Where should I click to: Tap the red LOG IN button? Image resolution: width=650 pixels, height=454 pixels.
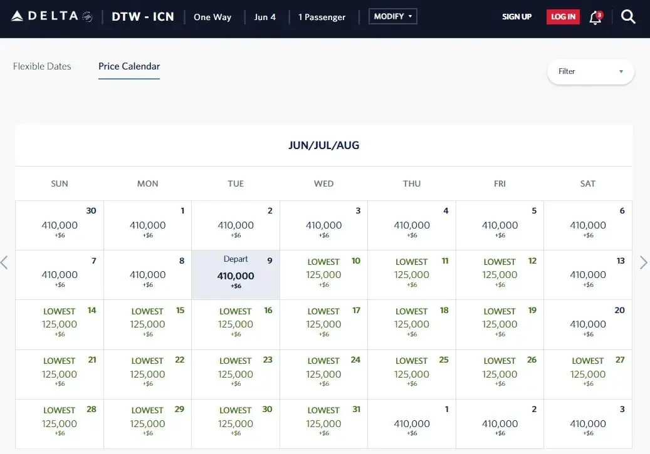pos(563,17)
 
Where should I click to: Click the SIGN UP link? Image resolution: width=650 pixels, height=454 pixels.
pos(516,17)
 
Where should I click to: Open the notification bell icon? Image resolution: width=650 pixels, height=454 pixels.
pos(595,18)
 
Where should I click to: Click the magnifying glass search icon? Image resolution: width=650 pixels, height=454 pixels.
pos(628,17)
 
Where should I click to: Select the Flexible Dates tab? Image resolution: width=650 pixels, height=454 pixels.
pos(42,66)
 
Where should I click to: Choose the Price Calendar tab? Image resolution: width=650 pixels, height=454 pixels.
pos(129,66)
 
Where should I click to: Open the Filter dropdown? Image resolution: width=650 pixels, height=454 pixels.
pos(590,71)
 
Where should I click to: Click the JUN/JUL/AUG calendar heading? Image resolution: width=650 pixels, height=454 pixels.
pos(323,145)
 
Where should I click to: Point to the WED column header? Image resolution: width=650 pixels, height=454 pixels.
pos(323,183)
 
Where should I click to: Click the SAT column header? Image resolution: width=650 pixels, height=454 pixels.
pos(588,183)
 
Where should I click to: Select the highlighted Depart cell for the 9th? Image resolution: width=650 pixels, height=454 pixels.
pos(236,275)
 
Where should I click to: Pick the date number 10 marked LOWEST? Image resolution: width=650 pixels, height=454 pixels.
pos(355,261)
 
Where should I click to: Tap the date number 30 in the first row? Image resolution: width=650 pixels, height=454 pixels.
pos(91,211)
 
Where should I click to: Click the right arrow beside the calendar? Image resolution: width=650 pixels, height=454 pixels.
pos(643,262)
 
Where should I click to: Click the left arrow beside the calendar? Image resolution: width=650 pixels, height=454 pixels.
pos(5,262)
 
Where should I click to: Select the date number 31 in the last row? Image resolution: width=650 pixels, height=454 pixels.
pos(356,409)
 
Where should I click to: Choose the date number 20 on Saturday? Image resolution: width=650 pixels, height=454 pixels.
pos(619,310)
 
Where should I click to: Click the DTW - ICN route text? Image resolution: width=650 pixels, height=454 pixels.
pos(143,17)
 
